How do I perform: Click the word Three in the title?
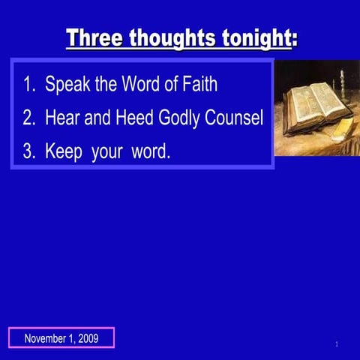click(x=95, y=38)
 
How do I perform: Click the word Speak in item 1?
click(x=67, y=84)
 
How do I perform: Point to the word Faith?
click(x=199, y=84)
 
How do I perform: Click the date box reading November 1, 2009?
click(x=61, y=338)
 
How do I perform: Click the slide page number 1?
click(x=337, y=344)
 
